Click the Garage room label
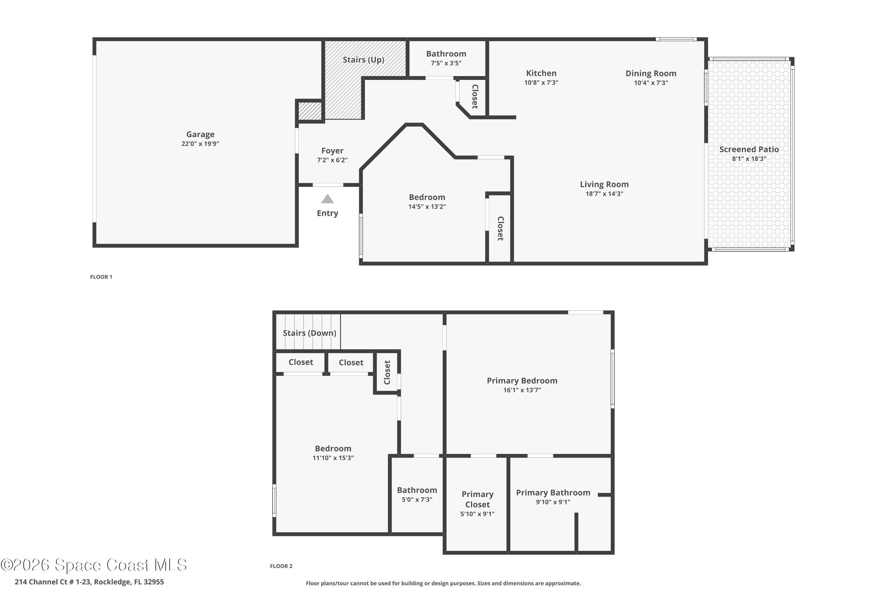click(200, 134)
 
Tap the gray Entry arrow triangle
click(327, 199)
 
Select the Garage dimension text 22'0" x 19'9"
click(200, 144)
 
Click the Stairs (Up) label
click(363, 60)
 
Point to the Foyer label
click(332, 151)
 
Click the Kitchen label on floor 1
click(541, 73)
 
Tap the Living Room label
click(604, 184)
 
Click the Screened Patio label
click(749, 149)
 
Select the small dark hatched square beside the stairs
click(310, 111)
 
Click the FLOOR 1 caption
click(101, 277)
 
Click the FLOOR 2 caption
click(281, 566)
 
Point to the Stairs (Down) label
click(309, 333)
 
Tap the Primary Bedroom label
click(522, 381)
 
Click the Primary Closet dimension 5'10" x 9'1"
click(477, 514)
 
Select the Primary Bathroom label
click(553, 493)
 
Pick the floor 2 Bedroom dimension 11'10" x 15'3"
click(333, 458)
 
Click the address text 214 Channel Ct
click(89, 582)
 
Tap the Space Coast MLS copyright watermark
click(93, 565)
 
